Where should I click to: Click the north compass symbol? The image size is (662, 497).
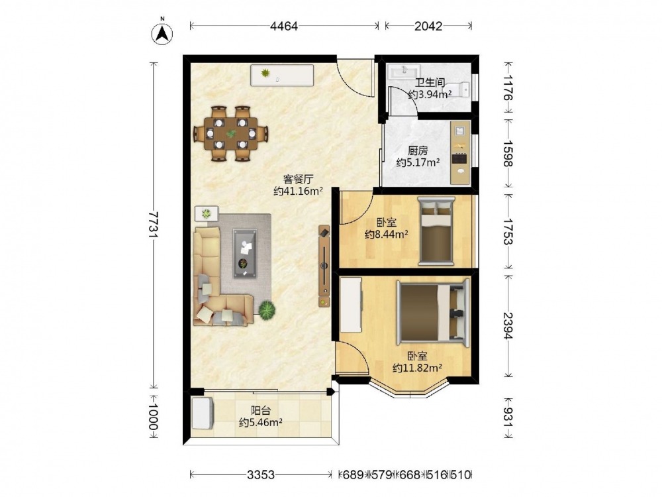[162, 33]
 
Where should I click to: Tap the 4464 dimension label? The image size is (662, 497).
[284, 27]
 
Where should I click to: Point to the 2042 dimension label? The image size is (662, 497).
[428, 27]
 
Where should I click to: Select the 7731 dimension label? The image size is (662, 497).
[154, 225]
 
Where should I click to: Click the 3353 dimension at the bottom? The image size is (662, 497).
[261, 475]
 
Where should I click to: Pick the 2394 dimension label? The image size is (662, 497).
[508, 326]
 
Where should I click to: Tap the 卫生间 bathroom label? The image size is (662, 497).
[430, 83]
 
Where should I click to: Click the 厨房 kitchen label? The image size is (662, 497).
[418, 150]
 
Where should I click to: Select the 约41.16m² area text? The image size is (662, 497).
[298, 191]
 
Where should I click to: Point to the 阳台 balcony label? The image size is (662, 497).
[260, 410]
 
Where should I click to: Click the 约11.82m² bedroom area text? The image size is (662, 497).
[417, 368]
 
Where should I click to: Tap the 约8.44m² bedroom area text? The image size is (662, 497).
[387, 234]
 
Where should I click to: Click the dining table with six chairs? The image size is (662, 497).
[231, 134]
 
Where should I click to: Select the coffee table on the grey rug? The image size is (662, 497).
[245, 253]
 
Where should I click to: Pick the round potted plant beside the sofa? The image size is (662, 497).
[267, 309]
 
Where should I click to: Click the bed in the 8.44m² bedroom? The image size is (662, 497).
[436, 231]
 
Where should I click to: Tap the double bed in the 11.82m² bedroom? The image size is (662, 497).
[433, 313]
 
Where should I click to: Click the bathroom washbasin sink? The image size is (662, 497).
[404, 72]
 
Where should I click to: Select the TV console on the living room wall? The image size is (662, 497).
[324, 266]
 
